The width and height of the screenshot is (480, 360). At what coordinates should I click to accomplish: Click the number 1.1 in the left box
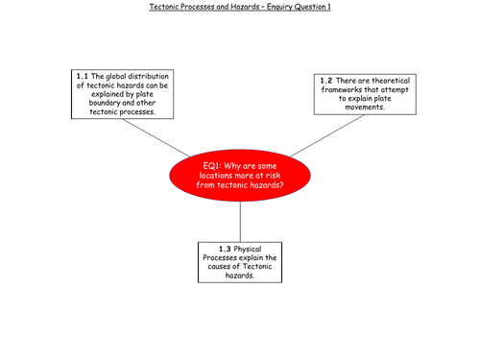(x=82, y=77)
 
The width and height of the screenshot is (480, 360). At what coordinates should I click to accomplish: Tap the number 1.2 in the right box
(x=326, y=81)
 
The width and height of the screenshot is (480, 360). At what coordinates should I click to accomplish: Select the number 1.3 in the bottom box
(x=225, y=249)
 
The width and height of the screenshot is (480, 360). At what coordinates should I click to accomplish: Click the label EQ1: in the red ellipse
(x=212, y=166)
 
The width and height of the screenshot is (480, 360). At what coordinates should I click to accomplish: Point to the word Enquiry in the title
(x=279, y=7)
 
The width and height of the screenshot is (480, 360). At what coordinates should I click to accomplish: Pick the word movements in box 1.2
(x=365, y=108)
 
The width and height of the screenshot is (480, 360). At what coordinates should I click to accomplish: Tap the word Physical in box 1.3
(x=248, y=250)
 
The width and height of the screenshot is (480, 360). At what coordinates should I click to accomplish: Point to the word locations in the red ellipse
(x=215, y=176)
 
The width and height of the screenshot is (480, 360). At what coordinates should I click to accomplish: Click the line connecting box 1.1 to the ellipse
(x=156, y=138)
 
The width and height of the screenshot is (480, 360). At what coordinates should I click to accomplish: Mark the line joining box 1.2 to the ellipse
(x=327, y=135)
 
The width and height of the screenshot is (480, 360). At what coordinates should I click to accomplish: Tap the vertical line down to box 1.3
(x=240, y=222)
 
